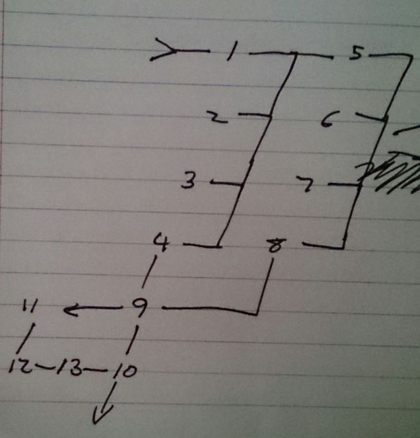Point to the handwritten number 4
click(x=160, y=242)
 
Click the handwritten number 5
click(x=356, y=54)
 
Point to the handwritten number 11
click(x=29, y=307)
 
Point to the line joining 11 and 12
click(x=23, y=341)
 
